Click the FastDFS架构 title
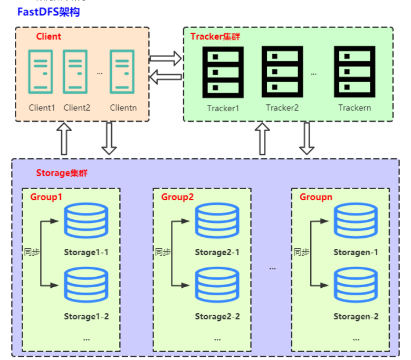point(49,12)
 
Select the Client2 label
point(77,108)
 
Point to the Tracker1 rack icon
point(223,71)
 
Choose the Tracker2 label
point(282,108)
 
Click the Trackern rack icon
point(355,71)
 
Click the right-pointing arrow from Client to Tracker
point(165,58)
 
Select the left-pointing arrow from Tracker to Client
point(165,77)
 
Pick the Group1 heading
point(46,197)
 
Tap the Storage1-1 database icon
point(86,221)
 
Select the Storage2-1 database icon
point(217,221)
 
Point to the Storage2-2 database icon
point(217,286)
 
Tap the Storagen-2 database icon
point(356,286)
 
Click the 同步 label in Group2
point(163,252)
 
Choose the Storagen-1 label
point(356,252)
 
